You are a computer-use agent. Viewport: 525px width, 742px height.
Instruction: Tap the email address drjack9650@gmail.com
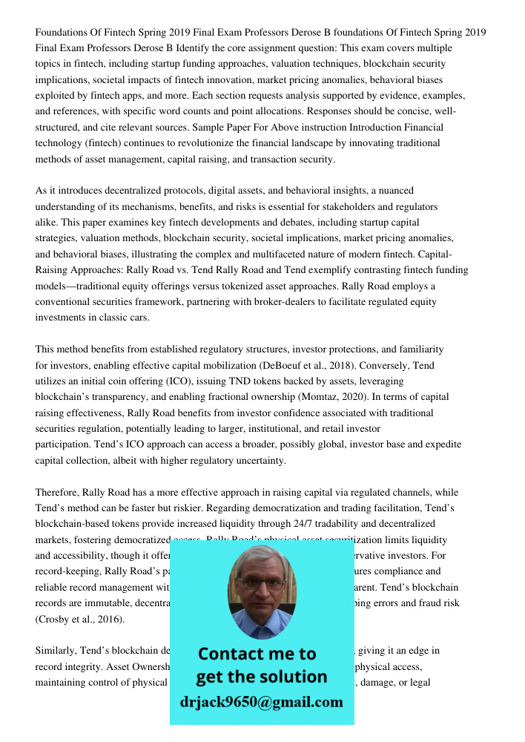pos(261,702)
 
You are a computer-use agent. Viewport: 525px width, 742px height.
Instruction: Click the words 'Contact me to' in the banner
pos(257,654)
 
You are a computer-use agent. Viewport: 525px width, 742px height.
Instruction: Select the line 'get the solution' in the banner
pos(261,677)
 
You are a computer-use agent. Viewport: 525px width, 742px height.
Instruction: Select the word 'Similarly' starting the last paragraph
pos(57,651)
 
